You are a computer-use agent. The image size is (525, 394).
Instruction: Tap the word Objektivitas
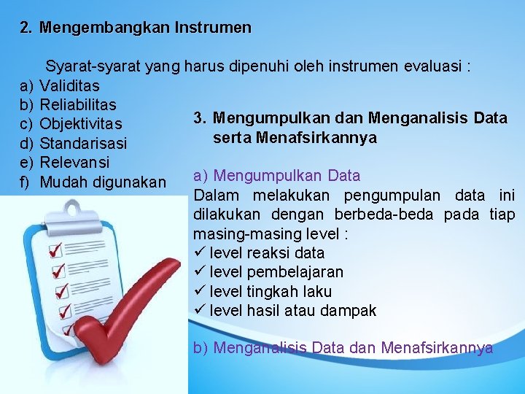pyautogui.click(x=81, y=123)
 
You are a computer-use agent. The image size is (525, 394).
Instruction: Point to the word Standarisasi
pyautogui.click(x=83, y=142)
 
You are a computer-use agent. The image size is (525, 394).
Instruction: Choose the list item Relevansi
pyautogui.click(x=74, y=161)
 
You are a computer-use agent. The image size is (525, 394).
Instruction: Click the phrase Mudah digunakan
pyautogui.click(x=103, y=181)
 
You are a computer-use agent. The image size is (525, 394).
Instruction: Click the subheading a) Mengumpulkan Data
pyautogui.click(x=276, y=176)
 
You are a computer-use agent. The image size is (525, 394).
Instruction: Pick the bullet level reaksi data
pyautogui.click(x=266, y=253)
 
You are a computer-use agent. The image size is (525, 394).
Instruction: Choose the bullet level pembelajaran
pyautogui.click(x=276, y=272)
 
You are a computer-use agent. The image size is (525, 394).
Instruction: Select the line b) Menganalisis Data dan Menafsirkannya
pyautogui.click(x=343, y=348)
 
